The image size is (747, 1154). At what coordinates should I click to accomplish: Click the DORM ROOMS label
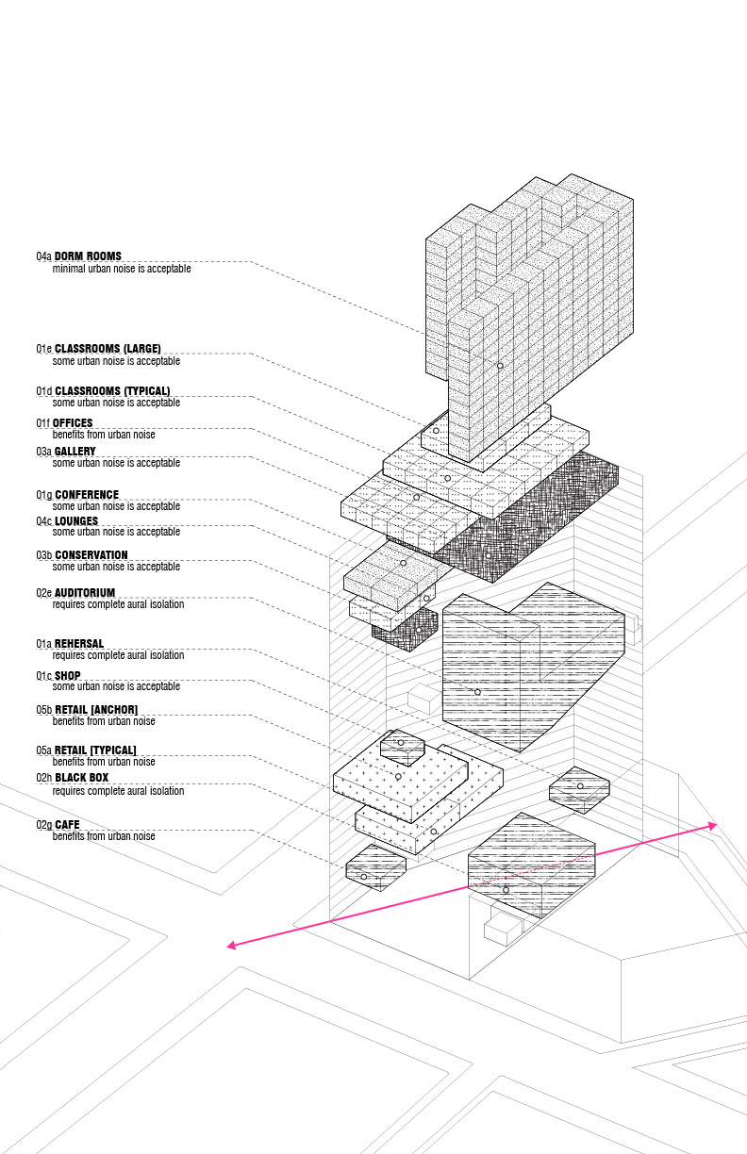tap(88, 256)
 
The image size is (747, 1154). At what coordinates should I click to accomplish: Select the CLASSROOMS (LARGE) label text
tap(108, 348)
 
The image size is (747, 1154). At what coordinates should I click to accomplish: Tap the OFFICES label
tap(73, 423)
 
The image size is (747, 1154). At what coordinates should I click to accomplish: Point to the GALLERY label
tap(75, 452)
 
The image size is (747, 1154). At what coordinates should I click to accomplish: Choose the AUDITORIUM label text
tap(85, 592)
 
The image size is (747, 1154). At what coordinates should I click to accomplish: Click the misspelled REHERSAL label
tap(79, 643)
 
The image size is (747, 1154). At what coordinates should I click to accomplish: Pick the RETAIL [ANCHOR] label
tap(96, 709)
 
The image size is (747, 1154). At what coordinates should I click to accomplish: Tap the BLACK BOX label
tap(82, 778)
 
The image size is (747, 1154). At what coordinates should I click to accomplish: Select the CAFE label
tap(68, 824)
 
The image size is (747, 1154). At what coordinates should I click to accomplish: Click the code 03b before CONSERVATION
tap(43, 555)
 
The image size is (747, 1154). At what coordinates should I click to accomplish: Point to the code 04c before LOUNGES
tap(43, 520)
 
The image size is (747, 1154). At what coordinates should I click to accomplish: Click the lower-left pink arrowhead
tap(231, 945)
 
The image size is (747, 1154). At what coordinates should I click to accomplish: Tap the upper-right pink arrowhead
tap(712, 826)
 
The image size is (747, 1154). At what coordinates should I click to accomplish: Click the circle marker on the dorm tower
tap(500, 366)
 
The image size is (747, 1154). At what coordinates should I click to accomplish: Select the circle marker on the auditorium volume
tap(477, 692)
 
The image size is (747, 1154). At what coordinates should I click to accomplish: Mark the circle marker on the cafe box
tap(363, 877)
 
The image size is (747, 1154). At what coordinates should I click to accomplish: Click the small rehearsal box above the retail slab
tap(402, 748)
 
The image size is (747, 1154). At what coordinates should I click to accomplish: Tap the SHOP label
tap(68, 675)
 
